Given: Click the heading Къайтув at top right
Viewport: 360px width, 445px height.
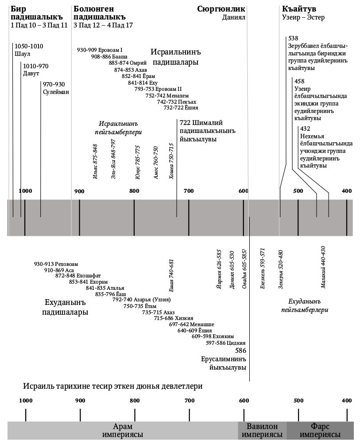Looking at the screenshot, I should click(299, 9).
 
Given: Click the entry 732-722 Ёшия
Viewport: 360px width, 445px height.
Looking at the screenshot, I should click(181, 108).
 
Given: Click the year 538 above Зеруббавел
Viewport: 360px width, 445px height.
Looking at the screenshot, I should click(293, 38).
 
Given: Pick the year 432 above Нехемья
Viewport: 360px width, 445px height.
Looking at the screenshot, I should click(305, 129).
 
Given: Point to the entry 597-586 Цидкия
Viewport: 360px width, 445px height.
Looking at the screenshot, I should click(226, 343).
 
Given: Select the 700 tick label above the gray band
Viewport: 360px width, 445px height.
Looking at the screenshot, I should click(189, 191).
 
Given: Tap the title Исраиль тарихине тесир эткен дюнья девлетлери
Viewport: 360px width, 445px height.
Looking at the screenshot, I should click(113, 386).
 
